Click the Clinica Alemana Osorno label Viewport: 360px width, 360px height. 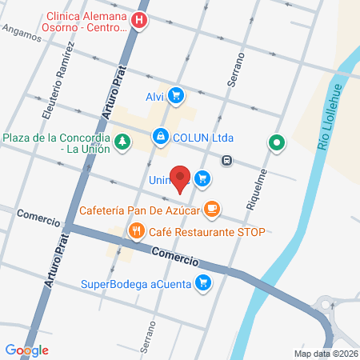tap(86, 21)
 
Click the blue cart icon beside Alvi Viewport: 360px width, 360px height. tap(176, 97)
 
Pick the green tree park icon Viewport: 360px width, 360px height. tap(122, 142)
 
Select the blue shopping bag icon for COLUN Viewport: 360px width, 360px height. tap(162, 137)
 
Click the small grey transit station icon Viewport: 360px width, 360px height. tap(228, 159)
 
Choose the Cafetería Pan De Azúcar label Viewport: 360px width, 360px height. tap(138, 211)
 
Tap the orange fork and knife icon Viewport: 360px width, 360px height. tap(137, 233)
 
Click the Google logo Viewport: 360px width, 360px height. tap(27, 350)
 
